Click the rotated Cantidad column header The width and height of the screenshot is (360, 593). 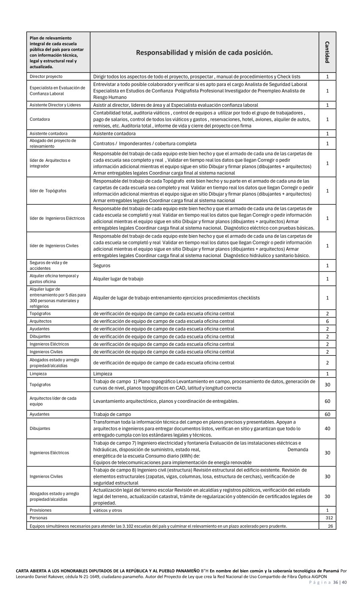327,52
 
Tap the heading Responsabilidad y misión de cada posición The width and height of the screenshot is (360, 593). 204,53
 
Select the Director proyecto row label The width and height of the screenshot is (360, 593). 46,77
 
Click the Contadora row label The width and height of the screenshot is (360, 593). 40,119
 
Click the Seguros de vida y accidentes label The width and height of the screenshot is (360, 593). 49,266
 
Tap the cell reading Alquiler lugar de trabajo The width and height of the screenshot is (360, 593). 118,279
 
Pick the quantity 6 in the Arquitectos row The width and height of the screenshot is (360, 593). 327,321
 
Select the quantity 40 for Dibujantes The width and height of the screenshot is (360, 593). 327,429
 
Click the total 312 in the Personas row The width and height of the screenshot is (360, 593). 329,518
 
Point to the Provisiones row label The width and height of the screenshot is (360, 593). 41,510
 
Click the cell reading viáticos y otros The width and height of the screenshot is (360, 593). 108,510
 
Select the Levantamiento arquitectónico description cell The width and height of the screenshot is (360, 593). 166,401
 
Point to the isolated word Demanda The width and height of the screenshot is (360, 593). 298,449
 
